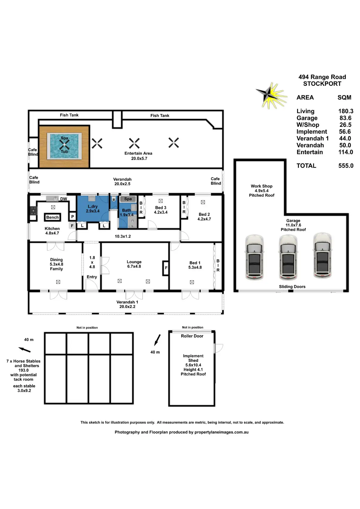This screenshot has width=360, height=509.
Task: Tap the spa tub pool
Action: coord(64,146)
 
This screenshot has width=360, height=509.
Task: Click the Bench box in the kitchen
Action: coord(52,217)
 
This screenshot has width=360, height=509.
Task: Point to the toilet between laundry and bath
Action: coord(114,199)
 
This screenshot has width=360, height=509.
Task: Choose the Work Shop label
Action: coord(262,186)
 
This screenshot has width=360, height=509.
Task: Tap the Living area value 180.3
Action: coord(346,111)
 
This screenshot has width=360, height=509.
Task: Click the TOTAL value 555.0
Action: coord(346,166)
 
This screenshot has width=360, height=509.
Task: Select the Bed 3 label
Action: coord(161,208)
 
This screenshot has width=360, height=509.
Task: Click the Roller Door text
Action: coord(192,336)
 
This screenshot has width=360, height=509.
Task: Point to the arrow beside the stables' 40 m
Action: coord(24,350)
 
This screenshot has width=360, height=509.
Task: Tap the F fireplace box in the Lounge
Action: coord(166,268)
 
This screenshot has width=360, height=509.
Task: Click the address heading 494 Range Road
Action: coord(322,77)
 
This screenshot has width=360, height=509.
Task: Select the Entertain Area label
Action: coord(138,153)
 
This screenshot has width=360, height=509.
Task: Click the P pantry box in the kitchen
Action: coord(72,217)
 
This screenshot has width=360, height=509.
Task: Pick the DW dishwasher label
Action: coord(64,199)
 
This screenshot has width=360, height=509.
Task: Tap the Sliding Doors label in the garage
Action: coord(292,287)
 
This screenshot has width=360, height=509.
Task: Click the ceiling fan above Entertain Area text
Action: coord(134,143)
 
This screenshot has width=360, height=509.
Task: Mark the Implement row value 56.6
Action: coord(345,132)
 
